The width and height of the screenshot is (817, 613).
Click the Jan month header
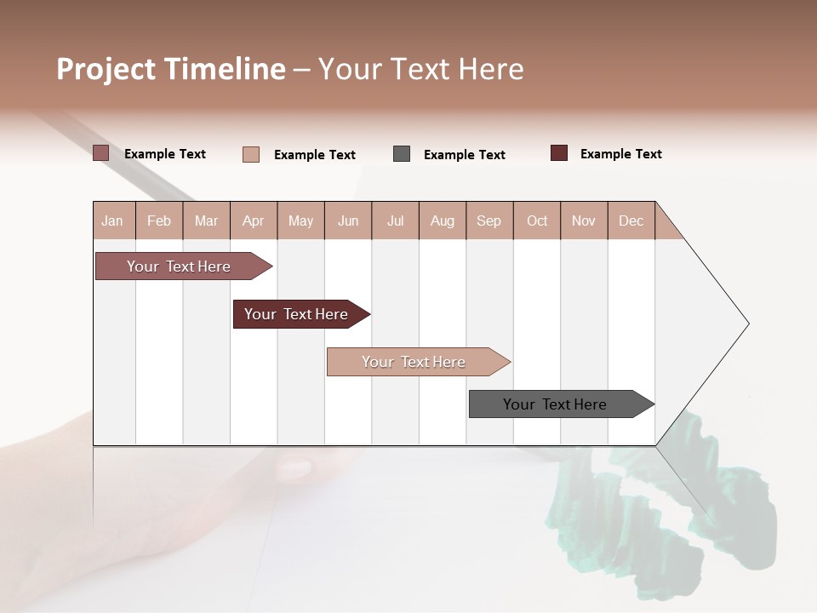pyautogui.click(x=112, y=221)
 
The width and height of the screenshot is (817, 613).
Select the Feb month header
pyautogui.click(x=159, y=221)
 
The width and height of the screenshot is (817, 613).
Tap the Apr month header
pyautogui.click(x=253, y=221)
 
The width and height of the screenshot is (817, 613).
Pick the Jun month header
pyautogui.click(x=348, y=221)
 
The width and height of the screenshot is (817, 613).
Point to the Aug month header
pyautogui.click(x=442, y=221)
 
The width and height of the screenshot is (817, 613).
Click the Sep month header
pyautogui.click(x=488, y=221)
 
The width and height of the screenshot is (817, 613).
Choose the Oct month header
pyautogui.click(x=537, y=221)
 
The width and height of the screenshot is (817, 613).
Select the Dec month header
pyautogui.click(x=631, y=221)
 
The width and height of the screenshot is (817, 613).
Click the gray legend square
pyautogui.click(x=402, y=154)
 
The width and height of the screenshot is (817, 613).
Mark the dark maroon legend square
pyautogui.click(x=559, y=153)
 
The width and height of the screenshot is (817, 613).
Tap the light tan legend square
pyautogui.click(x=251, y=154)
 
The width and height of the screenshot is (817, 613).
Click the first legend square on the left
pyautogui.click(x=101, y=153)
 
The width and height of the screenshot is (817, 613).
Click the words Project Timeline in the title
pyautogui.click(x=170, y=69)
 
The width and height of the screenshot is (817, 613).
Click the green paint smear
pyautogui.click(x=664, y=511)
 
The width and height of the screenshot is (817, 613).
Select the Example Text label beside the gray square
pyautogui.click(x=464, y=155)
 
